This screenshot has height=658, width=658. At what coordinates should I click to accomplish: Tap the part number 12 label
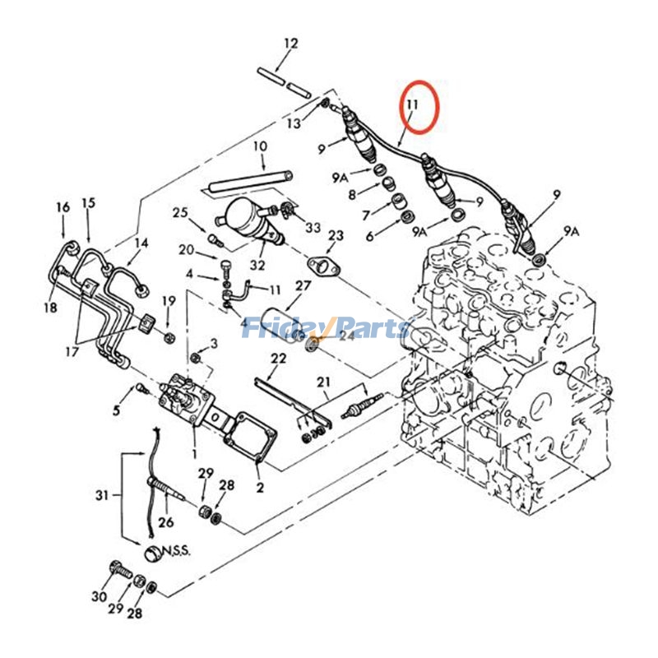[291, 43]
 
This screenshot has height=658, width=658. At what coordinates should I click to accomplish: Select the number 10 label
[260, 146]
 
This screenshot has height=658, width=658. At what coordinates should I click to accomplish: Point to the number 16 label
[63, 207]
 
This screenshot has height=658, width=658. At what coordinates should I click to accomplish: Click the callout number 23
[335, 236]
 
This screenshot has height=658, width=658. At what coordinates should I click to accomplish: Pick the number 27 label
[304, 286]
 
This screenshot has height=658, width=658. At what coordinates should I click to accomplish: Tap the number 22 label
[279, 358]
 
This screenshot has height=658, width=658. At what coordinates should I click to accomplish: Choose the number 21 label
[322, 381]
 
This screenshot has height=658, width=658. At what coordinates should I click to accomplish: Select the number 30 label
[100, 596]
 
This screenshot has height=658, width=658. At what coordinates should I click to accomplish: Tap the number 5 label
[117, 410]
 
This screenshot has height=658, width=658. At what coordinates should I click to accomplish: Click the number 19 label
[169, 300]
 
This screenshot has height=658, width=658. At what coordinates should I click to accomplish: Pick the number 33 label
[313, 227]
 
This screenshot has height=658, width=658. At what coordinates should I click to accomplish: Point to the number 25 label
[181, 213]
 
